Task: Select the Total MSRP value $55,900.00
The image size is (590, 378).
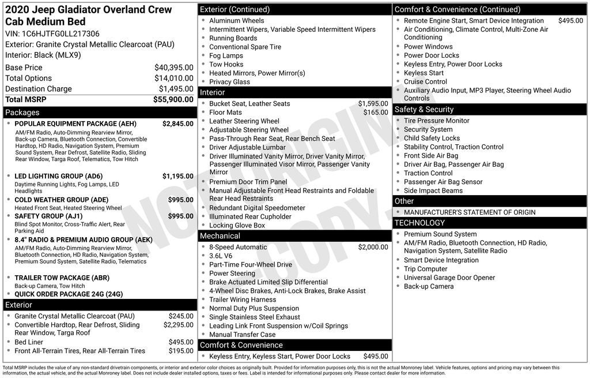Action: tap(173, 99)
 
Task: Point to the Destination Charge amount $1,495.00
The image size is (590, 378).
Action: tap(176, 89)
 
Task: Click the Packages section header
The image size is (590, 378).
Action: tap(22, 113)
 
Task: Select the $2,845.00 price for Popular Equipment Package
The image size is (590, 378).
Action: tap(177, 123)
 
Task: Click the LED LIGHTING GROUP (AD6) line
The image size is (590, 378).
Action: tap(58, 176)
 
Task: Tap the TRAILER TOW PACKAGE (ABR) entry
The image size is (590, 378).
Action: tap(62, 278)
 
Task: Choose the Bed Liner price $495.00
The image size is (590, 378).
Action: tap(181, 342)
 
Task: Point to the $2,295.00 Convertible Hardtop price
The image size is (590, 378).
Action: tap(178, 325)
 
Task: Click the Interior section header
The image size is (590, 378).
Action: tap(213, 92)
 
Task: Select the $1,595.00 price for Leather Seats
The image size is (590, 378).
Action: tap(373, 104)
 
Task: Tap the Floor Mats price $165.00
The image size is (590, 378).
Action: tap(376, 113)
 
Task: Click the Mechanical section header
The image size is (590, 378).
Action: tap(220, 236)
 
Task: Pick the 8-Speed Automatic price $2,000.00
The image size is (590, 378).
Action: tap(373, 247)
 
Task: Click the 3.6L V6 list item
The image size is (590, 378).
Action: tap(221, 256)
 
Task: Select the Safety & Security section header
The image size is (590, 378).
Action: tap(423, 110)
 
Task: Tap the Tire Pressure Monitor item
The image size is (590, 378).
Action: tap(436, 121)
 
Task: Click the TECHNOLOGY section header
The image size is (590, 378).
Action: tap(419, 223)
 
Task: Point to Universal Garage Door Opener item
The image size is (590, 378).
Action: tap(449, 278)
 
